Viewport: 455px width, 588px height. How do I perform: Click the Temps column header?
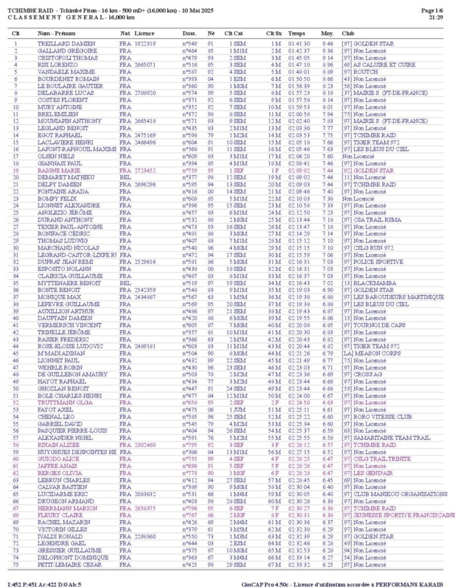[x=297, y=34]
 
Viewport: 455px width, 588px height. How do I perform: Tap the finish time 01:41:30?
[x=299, y=44]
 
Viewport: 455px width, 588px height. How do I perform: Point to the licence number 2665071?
[x=146, y=65]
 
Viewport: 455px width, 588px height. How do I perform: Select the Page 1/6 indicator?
[x=431, y=10]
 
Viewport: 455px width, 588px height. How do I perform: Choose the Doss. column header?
[x=189, y=34]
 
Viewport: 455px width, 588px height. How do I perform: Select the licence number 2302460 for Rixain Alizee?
[x=146, y=444]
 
